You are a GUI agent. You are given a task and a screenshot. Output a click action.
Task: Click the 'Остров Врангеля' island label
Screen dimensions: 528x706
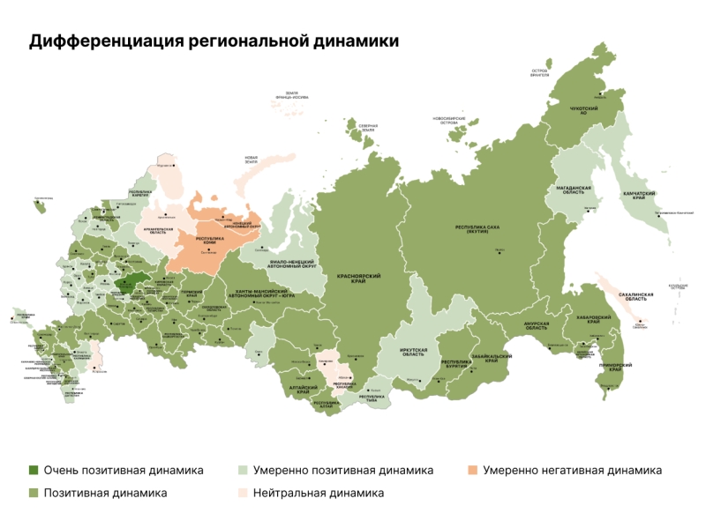[540, 72]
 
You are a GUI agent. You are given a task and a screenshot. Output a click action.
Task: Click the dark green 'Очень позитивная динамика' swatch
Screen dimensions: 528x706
[34, 471]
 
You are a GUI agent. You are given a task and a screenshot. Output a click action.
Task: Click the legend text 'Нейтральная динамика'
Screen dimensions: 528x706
[318, 493]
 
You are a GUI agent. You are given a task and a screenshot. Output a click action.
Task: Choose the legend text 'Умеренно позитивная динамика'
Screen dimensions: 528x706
[342, 471]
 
